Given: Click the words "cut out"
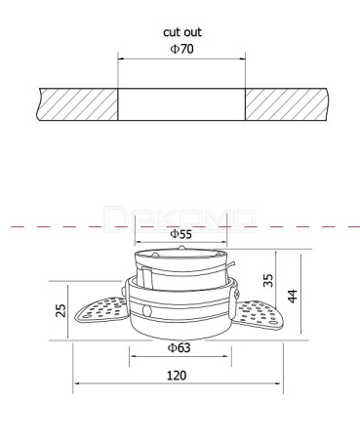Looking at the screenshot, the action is click(x=182, y=32).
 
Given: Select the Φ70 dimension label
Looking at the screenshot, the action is click(x=181, y=49).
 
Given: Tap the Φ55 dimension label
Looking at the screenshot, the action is click(x=181, y=234).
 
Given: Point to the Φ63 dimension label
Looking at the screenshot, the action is click(x=179, y=347).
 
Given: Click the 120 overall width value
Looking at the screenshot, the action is click(x=177, y=376).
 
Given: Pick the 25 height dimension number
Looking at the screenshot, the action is click(x=60, y=310).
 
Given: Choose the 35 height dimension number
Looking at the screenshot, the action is click(x=268, y=280).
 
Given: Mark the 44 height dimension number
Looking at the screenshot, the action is click(x=293, y=296).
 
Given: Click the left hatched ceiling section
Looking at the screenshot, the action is click(x=77, y=104).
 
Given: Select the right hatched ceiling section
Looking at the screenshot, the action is click(x=286, y=104).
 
